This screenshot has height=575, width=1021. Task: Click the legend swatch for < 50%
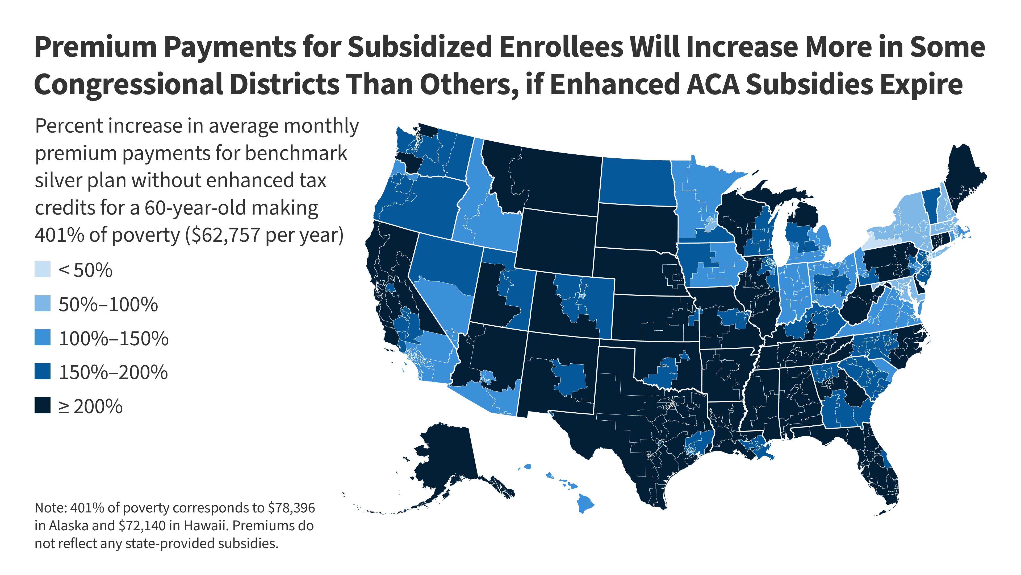[43, 269]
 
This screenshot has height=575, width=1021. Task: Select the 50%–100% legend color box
[43, 303]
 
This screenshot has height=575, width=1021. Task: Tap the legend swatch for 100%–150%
[43, 337]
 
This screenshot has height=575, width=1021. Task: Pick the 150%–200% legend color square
[43, 371]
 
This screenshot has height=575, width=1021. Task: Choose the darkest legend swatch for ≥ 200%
[43, 405]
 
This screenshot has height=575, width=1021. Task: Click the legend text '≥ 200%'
[91, 406]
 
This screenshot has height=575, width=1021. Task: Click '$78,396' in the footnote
[291, 508]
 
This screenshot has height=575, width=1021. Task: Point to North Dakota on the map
[637, 181]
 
